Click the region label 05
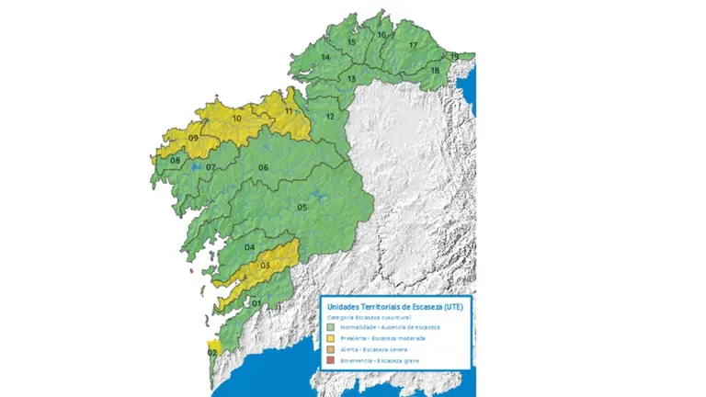(x=302, y=208)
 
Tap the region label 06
(x=263, y=167)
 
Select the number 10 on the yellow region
(x=236, y=119)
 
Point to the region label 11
(x=289, y=111)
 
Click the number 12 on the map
(x=330, y=117)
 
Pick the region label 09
(x=194, y=138)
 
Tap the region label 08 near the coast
(x=175, y=161)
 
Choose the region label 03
(x=265, y=266)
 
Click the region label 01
(x=256, y=303)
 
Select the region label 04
(x=249, y=248)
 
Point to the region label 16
(x=381, y=35)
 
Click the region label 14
(x=325, y=57)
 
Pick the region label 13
(x=351, y=79)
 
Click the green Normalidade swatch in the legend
(x=331, y=327)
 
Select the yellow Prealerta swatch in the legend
(x=331, y=339)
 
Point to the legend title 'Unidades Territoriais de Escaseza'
(x=395, y=307)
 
